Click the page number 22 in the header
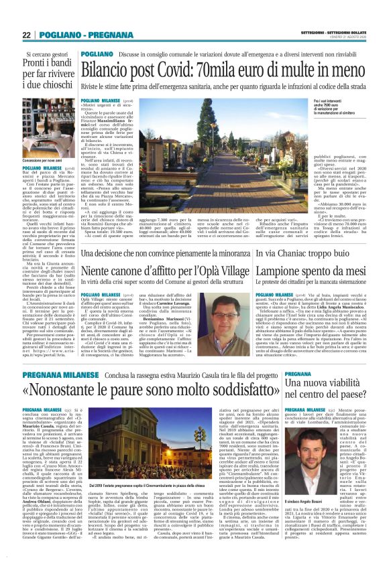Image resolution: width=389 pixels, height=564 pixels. (26, 34)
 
